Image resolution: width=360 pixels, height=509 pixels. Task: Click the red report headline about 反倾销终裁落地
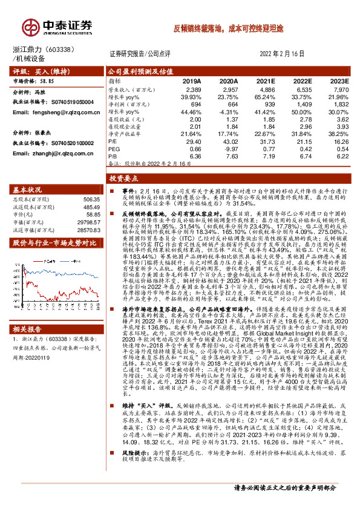coord(233,28)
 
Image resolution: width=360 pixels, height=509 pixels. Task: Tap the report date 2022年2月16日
coord(286,53)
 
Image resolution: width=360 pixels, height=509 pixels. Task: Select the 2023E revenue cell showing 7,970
coord(341,89)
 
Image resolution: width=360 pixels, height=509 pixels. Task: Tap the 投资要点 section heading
coord(125,179)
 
